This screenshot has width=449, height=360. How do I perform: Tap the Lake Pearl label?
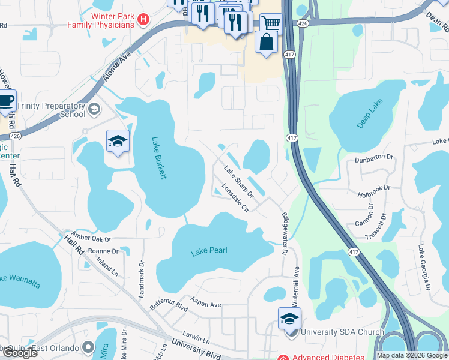pos(209,251)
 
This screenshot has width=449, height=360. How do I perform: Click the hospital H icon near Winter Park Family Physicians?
pos(143,20)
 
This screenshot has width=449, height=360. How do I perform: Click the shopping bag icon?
pos(266,42)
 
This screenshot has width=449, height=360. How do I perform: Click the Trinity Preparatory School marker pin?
pos(93,109)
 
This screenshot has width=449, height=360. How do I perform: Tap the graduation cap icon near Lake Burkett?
pos(118,141)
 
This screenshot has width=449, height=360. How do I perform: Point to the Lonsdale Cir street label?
pos(235,198)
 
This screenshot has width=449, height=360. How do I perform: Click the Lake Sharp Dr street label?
pos(239,182)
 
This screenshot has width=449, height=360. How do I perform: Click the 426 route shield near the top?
pos(303,23)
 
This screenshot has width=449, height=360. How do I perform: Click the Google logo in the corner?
pos(19,353)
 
